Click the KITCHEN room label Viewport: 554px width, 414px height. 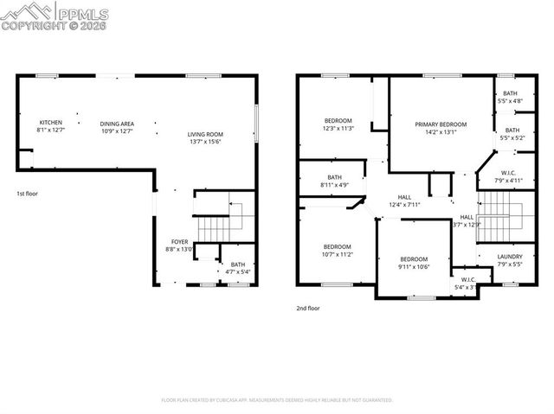(x=50, y=123)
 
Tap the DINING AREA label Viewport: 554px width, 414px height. (x=116, y=123)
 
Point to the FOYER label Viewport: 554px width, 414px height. (x=179, y=243)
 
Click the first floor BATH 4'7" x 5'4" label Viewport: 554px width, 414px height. (x=237, y=265)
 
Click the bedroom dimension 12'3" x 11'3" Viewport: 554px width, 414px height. (x=338, y=129)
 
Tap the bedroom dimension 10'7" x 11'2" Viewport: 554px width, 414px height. (x=338, y=253)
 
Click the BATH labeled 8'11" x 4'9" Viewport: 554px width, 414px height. (x=333, y=184)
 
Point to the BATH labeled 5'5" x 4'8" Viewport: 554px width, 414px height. (x=511, y=101)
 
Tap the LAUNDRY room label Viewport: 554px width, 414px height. (x=510, y=257)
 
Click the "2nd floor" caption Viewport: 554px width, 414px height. (x=307, y=308)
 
